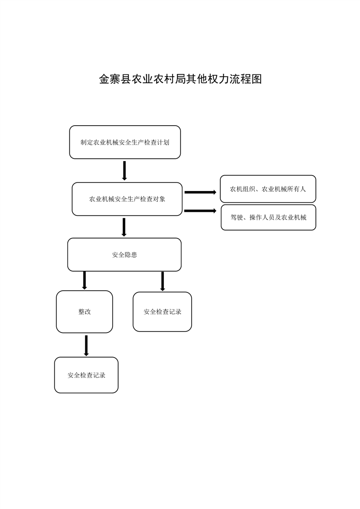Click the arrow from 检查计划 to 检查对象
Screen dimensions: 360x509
pyautogui.click(x=124, y=171)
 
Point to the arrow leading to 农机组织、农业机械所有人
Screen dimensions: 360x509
pyautogui.click(x=200, y=192)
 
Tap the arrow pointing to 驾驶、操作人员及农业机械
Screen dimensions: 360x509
pyautogui.click(x=200, y=210)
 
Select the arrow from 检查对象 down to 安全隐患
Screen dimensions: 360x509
pyautogui.click(x=124, y=227)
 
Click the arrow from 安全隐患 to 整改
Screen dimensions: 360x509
pyautogui.click(x=84, y=280)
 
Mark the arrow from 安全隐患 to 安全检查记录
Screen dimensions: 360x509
pyautogui.click(x=163, y=281)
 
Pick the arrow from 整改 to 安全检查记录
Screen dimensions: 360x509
pyautogui.click(x=86, y=345)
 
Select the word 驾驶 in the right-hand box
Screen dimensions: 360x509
pyautogui.click(x=237, y=217)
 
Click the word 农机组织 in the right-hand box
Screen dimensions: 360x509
pyautogui.click(x=242, y=189)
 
